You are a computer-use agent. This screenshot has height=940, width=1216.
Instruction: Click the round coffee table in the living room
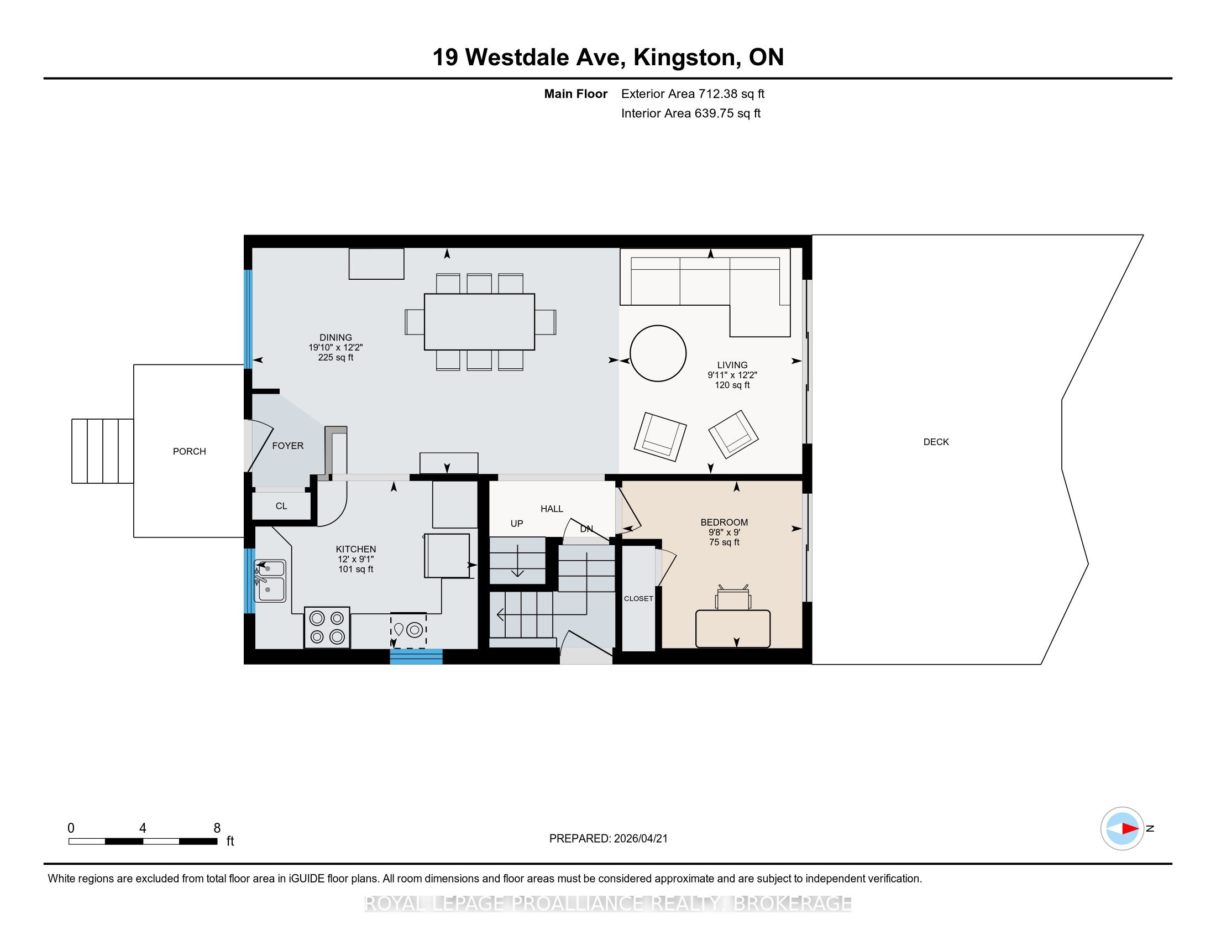658,353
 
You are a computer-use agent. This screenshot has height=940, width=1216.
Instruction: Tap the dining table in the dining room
479,322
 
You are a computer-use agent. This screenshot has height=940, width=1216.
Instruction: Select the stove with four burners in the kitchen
327,627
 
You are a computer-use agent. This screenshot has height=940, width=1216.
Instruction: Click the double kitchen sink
270,581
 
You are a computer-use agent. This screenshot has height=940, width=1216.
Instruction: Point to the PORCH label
189,451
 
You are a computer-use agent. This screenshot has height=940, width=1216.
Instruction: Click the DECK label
936,442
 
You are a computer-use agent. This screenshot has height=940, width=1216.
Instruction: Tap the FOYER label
288,446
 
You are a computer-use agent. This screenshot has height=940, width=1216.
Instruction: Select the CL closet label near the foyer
281,505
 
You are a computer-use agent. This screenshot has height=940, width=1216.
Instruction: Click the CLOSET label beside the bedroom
638,598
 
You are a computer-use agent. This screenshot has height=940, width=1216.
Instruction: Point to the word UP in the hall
517,524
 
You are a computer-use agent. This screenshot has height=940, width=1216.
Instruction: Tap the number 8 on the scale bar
217,828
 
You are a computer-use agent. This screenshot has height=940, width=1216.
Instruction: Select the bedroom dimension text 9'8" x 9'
724,532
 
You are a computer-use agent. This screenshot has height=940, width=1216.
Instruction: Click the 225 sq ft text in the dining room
336,357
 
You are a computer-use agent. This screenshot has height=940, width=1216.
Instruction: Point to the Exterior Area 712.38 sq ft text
693,93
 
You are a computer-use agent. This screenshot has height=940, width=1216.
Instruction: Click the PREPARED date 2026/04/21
640,838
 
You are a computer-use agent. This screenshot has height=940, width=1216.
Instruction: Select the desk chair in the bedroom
733,597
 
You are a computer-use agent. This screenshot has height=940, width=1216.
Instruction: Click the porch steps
102,451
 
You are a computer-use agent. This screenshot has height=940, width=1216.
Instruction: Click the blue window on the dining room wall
248,318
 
